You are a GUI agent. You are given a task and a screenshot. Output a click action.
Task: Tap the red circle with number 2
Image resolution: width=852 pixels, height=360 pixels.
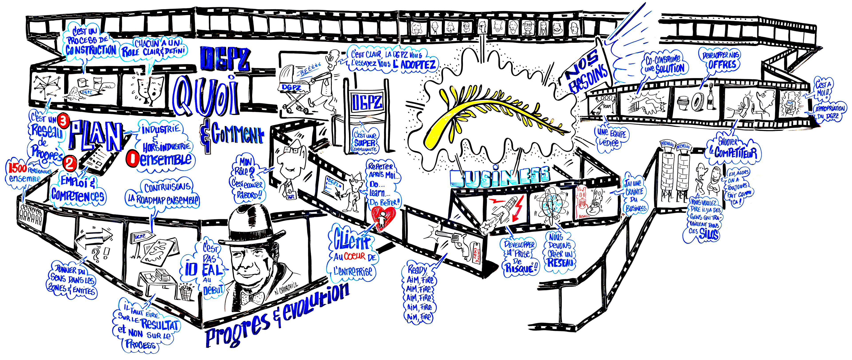point(70,163)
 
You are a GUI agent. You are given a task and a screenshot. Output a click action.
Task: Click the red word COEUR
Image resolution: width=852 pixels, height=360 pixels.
point(355,256)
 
